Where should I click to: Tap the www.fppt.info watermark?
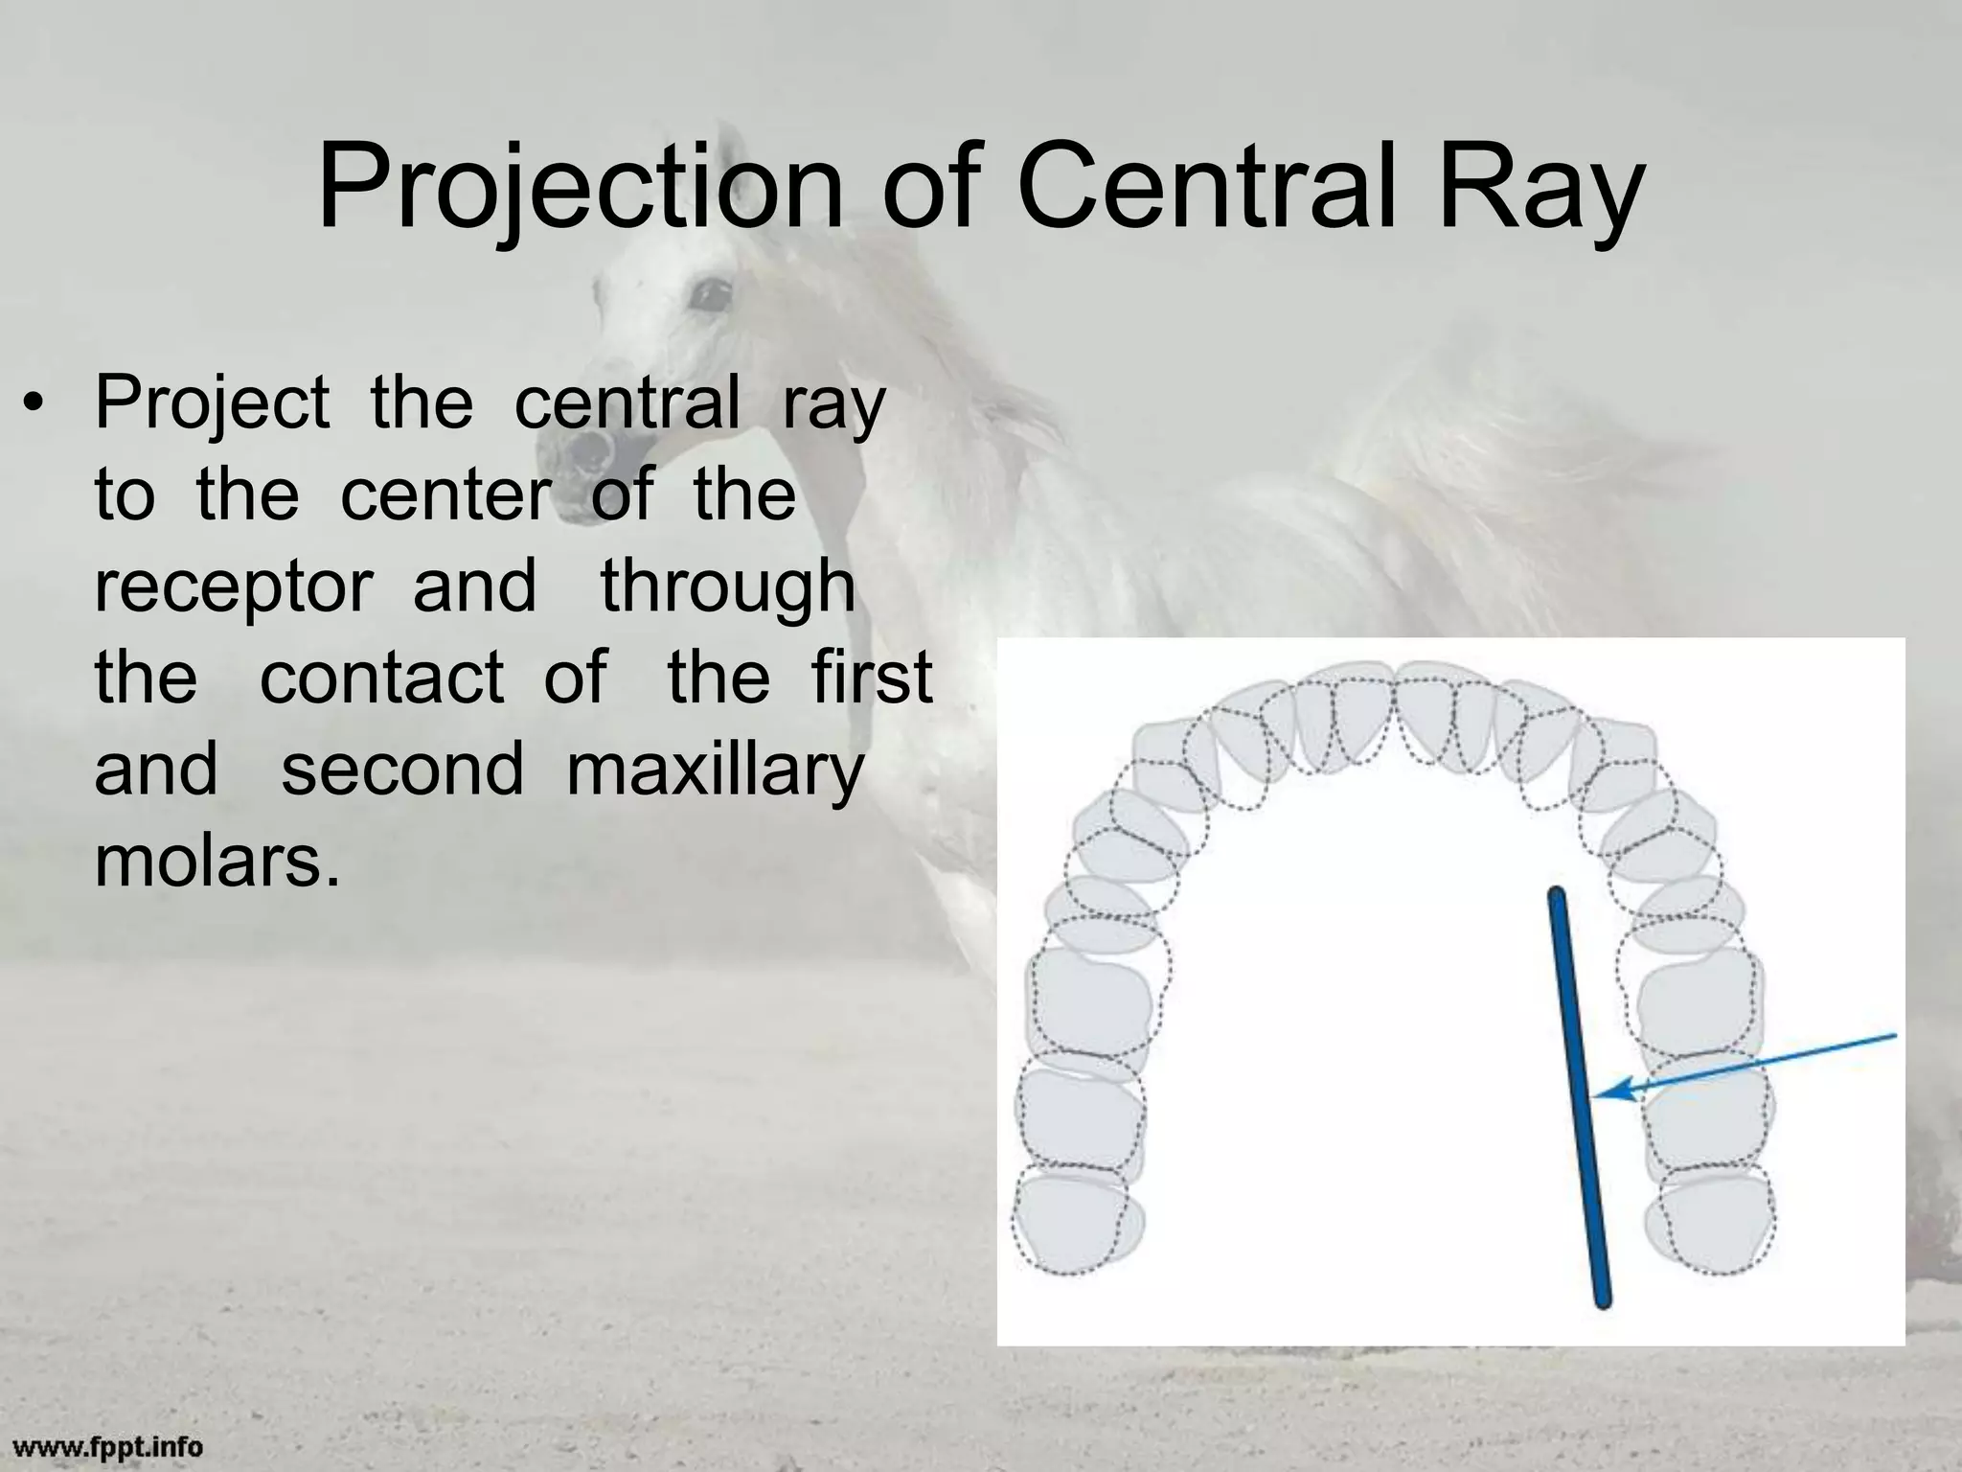click(107, 1446)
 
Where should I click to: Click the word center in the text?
click(445, 495)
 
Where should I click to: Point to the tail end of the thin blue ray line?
click(1893, 1035)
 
